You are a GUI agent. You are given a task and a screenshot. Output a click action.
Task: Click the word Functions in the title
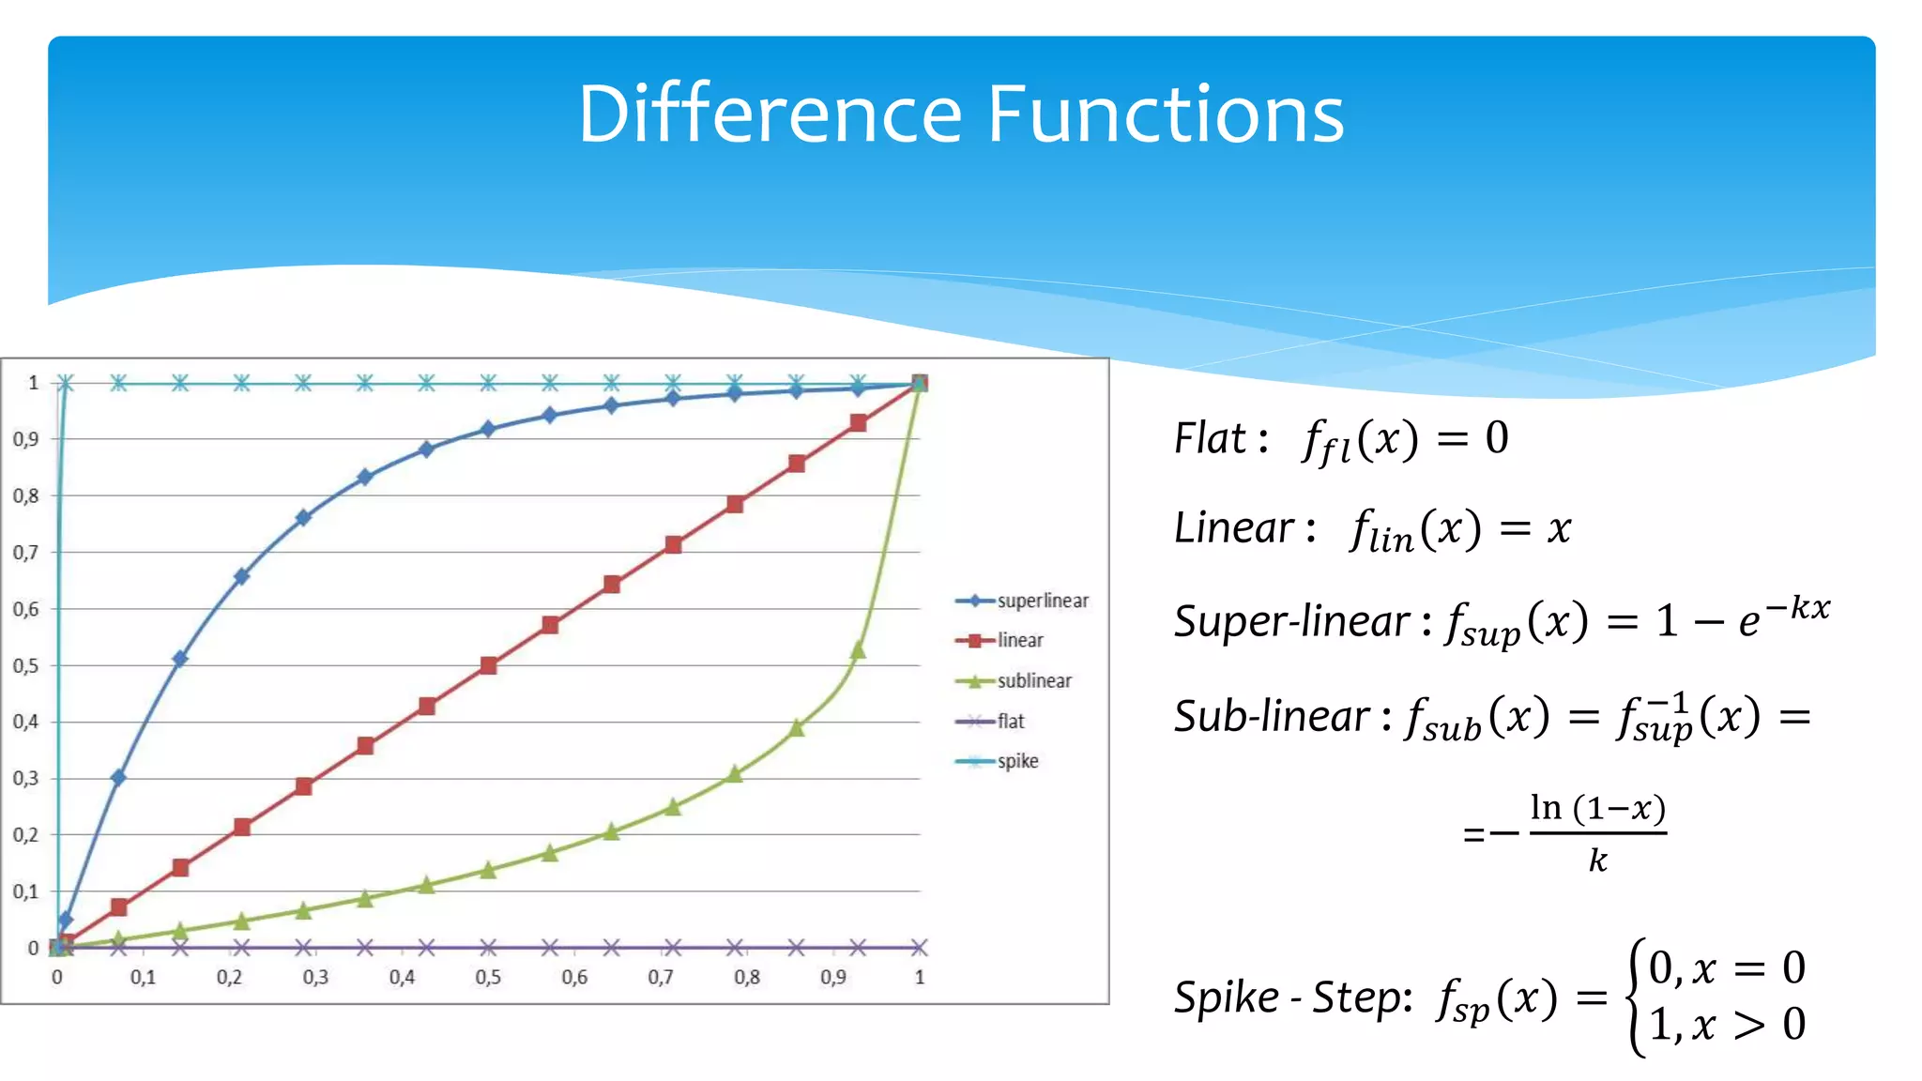[1166, 114]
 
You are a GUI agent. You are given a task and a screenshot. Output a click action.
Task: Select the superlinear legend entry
[1042, 601]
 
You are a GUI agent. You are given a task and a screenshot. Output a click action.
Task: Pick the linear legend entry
[1020, 640]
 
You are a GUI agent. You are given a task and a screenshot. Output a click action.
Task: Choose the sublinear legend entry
[1033, 680]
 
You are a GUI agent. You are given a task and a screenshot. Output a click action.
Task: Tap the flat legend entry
[1011, 721]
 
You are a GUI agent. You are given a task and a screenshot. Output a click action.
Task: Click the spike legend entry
[1017, 761]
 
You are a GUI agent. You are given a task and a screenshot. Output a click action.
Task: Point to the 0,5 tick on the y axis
[25, 666]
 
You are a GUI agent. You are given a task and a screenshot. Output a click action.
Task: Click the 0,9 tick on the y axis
[25, 439]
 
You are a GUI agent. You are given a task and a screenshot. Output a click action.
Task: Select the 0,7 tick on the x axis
[661, 978]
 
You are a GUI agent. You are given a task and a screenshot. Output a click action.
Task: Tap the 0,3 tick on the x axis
[315, 978]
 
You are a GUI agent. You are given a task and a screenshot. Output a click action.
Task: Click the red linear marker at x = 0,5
[488, 665]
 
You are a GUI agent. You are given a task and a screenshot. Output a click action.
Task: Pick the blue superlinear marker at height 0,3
[118, 777]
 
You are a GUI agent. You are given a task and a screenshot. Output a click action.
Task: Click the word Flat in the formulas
[1211, 438]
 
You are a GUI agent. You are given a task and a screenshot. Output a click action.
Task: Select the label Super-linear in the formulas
[1291, 621]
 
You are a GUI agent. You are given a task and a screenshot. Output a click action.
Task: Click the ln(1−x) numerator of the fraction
[1597, 808]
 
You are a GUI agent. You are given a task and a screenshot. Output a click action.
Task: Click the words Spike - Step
[1292, 997]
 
